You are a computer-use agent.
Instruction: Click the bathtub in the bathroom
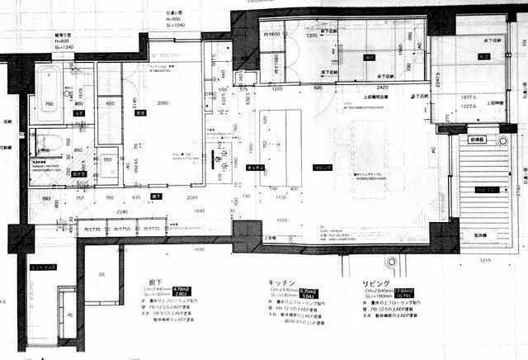tap(49, 92)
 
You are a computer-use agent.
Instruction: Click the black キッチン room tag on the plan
tap(254, 167)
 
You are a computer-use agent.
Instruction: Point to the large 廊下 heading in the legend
tap(160, 282)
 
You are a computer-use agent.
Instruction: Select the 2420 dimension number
tap(383, 86)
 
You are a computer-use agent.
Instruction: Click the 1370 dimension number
tap(312, 36)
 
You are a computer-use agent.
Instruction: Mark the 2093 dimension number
tap(192, 199)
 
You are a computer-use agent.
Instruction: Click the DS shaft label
tap(101, 274)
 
